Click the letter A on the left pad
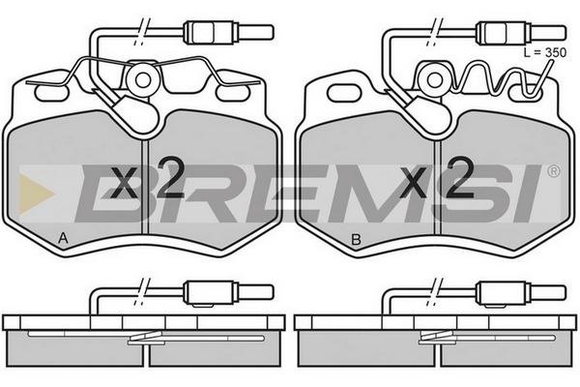[x=63, y=239]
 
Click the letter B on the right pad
[x=356, y=240]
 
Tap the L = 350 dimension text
[x=545, y=52]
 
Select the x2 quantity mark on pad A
[x=147, y=178]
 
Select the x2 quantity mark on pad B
[x=438, y=178]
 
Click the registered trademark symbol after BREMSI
[x=554, y=171]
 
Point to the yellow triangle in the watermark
[x=36, y=193]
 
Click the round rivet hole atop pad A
[x=143, y=80]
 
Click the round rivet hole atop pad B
[x=434, y=80]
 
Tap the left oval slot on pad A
[x=50, y=93]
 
